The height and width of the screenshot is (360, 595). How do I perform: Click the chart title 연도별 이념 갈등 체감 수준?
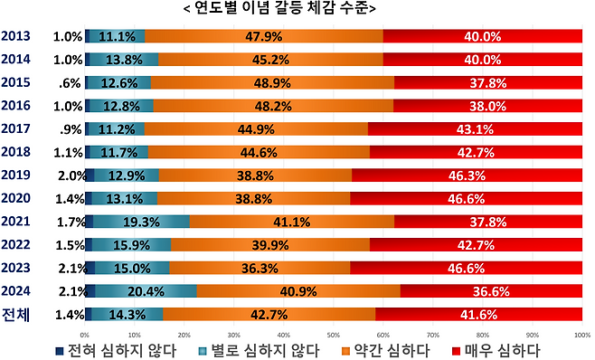click(x=297, y=9)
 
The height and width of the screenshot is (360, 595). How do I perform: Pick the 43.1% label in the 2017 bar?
click(x=475, y=128)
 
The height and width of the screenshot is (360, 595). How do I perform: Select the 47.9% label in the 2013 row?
click(x=263, y=37)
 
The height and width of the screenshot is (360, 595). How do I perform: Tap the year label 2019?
click(x=16, y=175)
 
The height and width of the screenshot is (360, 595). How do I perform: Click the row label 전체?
click(x=16, y=314)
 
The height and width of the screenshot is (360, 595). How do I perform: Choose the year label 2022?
click(x=16, y=244)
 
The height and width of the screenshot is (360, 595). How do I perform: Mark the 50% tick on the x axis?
click(x=334, y=334)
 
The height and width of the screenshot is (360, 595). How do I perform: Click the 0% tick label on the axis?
click(x=85, y=334)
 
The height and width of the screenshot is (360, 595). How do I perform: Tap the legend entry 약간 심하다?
click(x=387, y=349)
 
